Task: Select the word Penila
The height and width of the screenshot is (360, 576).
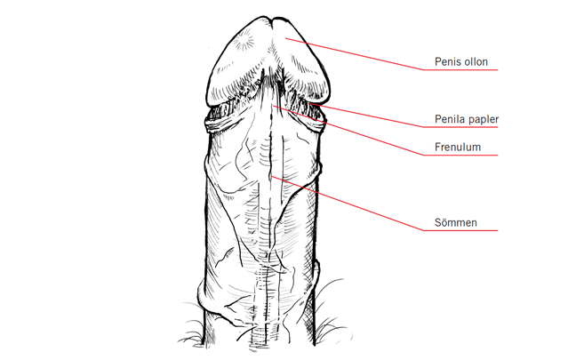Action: click(448, 119)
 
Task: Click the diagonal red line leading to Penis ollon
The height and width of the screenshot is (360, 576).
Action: click(356, 55)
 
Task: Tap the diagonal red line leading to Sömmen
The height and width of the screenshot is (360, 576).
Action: click(347, 205)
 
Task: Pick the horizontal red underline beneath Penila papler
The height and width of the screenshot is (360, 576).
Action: click(462, 128)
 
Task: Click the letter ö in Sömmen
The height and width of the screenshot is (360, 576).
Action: click(444, 222)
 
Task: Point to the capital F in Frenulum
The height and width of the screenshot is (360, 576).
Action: click(437, 148)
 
